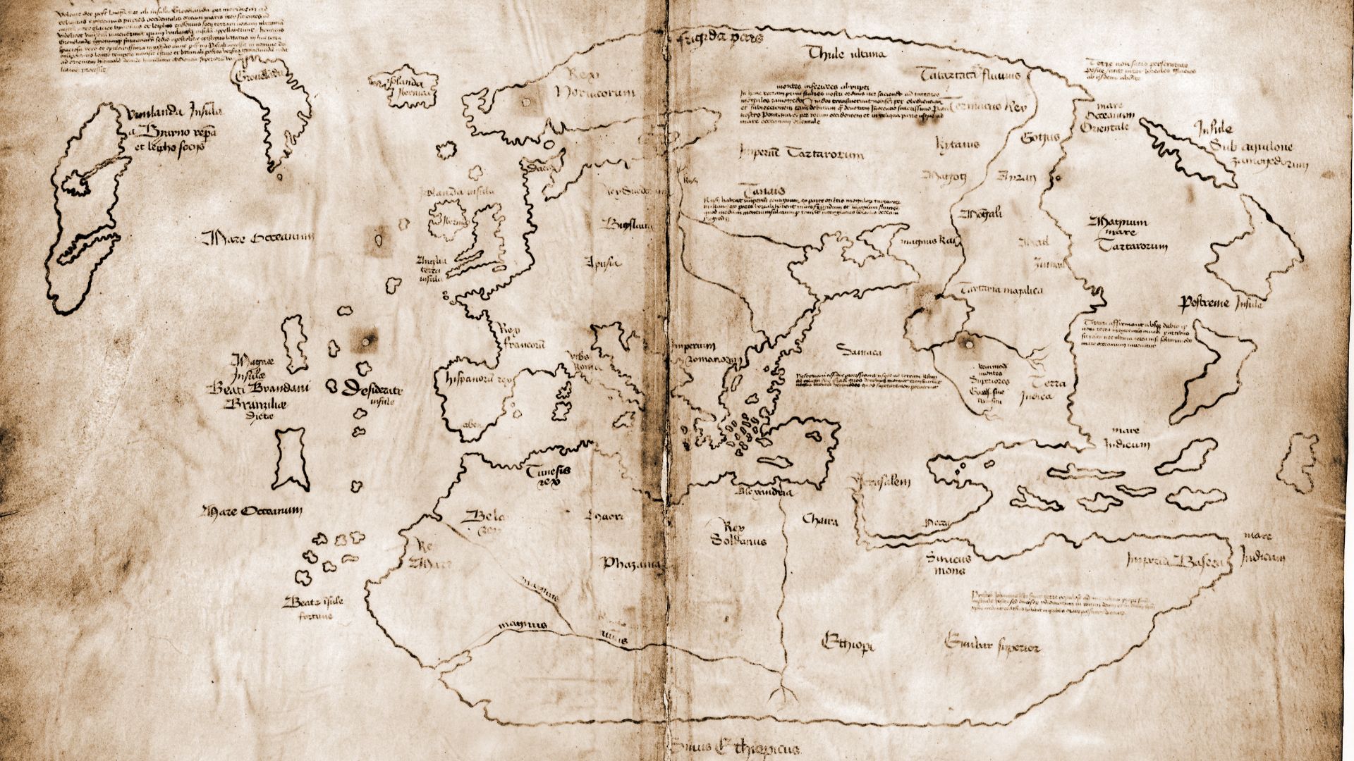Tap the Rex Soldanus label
coord(738,533)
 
